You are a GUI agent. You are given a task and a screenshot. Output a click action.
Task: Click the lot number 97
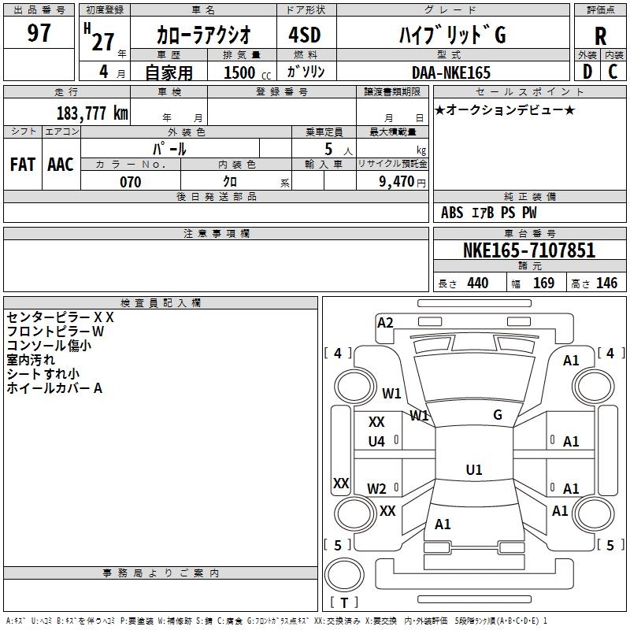click(x=39, y=33)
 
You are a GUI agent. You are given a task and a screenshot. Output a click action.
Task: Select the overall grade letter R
click(x=600, y=36)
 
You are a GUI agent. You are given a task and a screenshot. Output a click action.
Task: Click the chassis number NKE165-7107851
click(x=529, y=250)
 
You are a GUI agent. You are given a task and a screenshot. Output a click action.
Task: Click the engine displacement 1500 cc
click(x=241, y=72)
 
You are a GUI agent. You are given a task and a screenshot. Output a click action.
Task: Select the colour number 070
click(x=130, y=182)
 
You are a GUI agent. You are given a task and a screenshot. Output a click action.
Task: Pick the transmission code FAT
click(x=23, y=164)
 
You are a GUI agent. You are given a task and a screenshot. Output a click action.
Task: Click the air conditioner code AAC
click(x=61, y=164)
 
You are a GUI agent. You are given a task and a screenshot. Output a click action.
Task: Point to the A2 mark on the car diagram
click(x=385, y=322)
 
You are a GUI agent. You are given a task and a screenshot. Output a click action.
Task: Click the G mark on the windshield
click(x=498, y=415)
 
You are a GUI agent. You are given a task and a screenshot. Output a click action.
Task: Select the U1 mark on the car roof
click(x=474, y=470)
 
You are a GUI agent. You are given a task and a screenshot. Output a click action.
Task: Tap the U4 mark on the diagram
click(x=376, y=442)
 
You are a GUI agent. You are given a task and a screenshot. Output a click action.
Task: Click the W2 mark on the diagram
click(x=377, y=488)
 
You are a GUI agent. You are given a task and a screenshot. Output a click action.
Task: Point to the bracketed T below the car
click(x=343, y=603)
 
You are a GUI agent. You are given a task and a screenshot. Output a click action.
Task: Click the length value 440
click(x=477, y=283)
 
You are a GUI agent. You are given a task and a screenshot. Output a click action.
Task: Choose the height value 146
click(x=606, y=283)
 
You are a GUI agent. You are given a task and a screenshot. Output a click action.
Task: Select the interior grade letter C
click(x=613, y=72)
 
